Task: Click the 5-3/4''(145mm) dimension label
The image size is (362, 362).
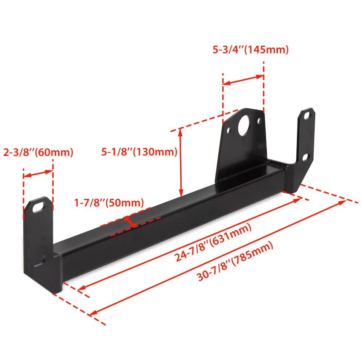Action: point(250,50)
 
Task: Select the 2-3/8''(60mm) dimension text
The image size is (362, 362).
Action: point(38,152)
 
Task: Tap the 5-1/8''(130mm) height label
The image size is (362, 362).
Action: point(139,152)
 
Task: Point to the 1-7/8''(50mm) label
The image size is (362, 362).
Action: point(109,202)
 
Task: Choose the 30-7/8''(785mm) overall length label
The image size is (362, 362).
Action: point(235,262)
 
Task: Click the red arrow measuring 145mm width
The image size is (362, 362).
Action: point(243,80)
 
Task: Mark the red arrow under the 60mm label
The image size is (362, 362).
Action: point(38,173)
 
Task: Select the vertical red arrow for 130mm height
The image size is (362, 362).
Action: point(181,162)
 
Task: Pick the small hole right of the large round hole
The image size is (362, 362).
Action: point(259,121)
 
